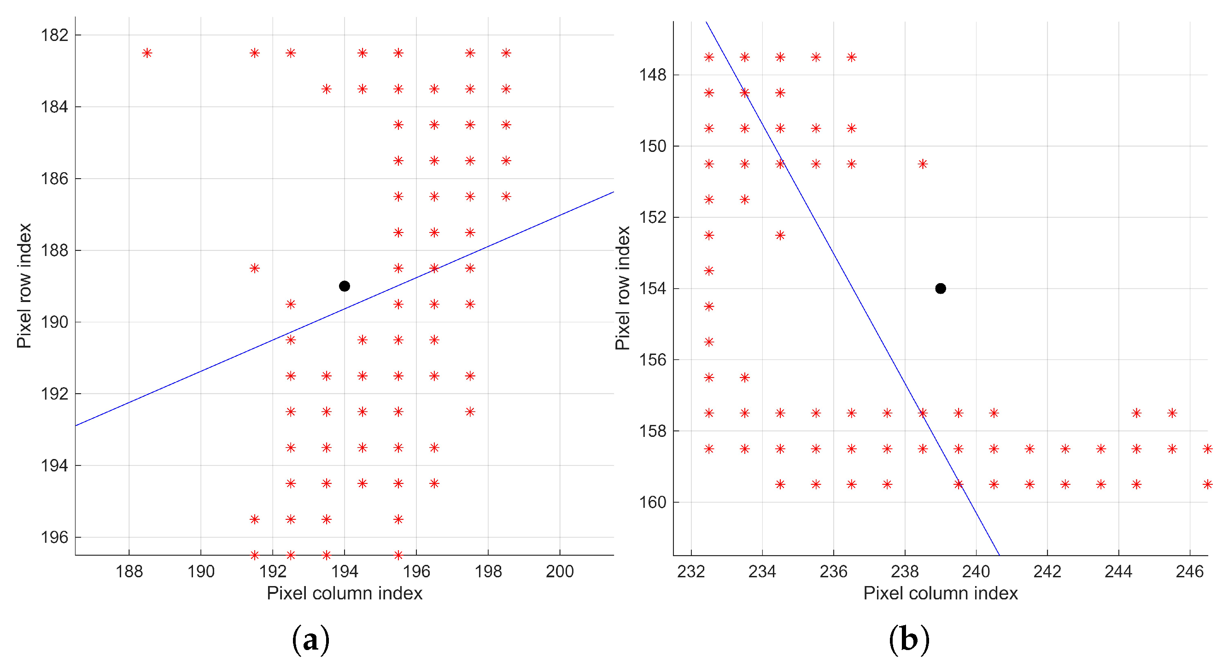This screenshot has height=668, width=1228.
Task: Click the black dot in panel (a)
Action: click(x=344, y=286)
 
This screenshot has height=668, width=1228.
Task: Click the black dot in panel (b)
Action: click(x=940, y=288)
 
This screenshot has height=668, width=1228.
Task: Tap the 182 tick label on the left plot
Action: click(x=54, y=35)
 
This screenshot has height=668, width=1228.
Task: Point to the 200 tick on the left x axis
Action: click(x=559, y=571)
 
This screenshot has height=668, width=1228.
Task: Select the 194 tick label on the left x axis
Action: click(x=344, y=571)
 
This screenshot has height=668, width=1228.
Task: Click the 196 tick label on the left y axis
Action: click(x=54, y=537)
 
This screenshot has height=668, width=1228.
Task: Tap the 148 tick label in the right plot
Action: click(x=652, y=75)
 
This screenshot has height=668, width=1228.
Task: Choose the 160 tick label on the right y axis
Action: click(x=652, y=502)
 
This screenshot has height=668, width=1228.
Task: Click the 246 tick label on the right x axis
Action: click(x=1189, y=571)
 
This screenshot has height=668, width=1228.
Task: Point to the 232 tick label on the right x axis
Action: click(x=691, y=571)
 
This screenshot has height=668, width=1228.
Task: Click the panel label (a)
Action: click(x=310, y=639)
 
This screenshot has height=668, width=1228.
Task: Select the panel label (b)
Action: click(x=909, y=639)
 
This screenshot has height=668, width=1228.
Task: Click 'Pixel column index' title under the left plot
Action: click(x=344, y=593)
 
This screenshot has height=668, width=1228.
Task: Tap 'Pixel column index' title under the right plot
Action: click(x=940, y=593)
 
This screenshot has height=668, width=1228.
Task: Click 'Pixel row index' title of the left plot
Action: click(x=24, y=286)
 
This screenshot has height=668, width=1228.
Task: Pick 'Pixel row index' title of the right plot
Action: click(x=622, y=288)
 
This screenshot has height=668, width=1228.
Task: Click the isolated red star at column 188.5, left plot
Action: click(x=147, y=53)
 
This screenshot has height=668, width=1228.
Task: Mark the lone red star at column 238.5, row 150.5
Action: click(x=923, y=164)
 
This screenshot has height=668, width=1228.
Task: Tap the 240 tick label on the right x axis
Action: click(x=976, y=571)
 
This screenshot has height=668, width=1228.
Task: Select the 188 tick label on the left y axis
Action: click(x=54, y=250)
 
